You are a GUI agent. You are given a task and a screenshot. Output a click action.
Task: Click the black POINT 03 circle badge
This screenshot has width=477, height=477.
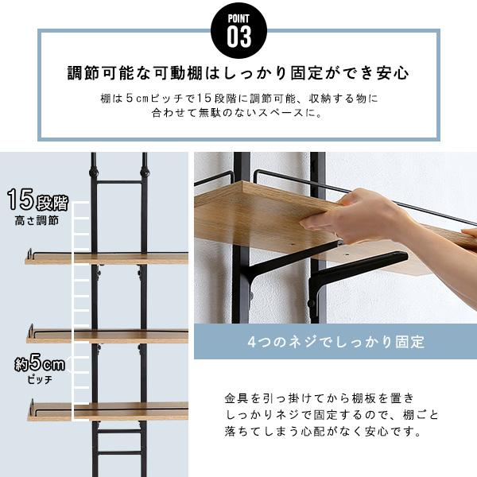coord(238,29)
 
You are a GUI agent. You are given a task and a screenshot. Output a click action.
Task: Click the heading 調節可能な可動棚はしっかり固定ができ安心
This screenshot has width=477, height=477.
coord(238,74)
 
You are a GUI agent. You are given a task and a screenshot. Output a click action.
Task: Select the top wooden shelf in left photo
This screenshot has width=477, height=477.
coord(107,258)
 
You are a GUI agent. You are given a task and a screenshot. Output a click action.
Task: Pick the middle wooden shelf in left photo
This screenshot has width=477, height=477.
coord(107,335)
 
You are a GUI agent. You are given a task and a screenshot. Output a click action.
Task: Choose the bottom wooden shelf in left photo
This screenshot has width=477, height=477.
coord(107,411)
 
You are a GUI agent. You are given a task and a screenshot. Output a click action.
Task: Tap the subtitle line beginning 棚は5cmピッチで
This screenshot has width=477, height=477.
coord(238,99)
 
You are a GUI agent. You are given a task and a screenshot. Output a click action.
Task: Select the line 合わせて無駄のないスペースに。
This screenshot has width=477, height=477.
coord(238,113)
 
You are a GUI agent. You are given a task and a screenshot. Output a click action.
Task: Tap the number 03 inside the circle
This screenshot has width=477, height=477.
coord(238,36)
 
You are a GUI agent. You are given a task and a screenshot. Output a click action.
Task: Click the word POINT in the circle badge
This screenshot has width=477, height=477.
coord(238,18)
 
